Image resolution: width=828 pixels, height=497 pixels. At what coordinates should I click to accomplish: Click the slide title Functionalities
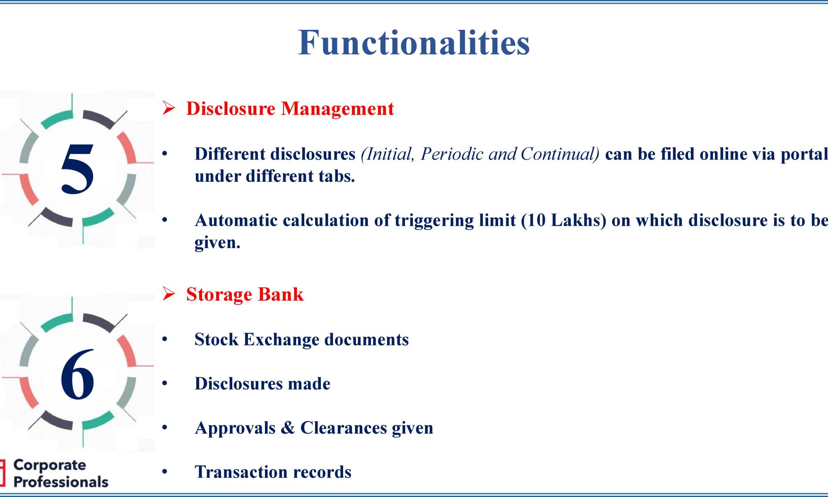pyautogui.click(x=414, y=42)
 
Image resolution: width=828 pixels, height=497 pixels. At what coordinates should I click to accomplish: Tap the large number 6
pyautogui.click(x=77, y=374)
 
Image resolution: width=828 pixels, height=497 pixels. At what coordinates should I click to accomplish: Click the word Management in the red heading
pyautogui.click(x=337, y=109)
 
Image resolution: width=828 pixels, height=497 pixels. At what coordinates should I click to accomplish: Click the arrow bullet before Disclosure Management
pyautogui.click(x=168, y=108)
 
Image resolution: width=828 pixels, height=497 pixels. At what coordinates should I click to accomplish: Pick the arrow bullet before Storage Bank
pyautogui.click(x=168, y=294)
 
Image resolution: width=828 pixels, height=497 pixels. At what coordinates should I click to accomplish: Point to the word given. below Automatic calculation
pyautogui.click(x=217, y=243)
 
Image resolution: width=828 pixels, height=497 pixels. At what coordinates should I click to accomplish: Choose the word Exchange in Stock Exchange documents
pyautogui.click(x=281, y=340)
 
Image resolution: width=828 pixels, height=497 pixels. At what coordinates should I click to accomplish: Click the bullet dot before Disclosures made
pyautogui.click(x=165, y=384)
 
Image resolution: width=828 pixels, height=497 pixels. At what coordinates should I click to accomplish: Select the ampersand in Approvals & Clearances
pyautogui.click(x=288, y=428)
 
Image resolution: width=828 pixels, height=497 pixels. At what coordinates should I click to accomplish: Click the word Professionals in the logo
pyautogui.click(x=61, y=482)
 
